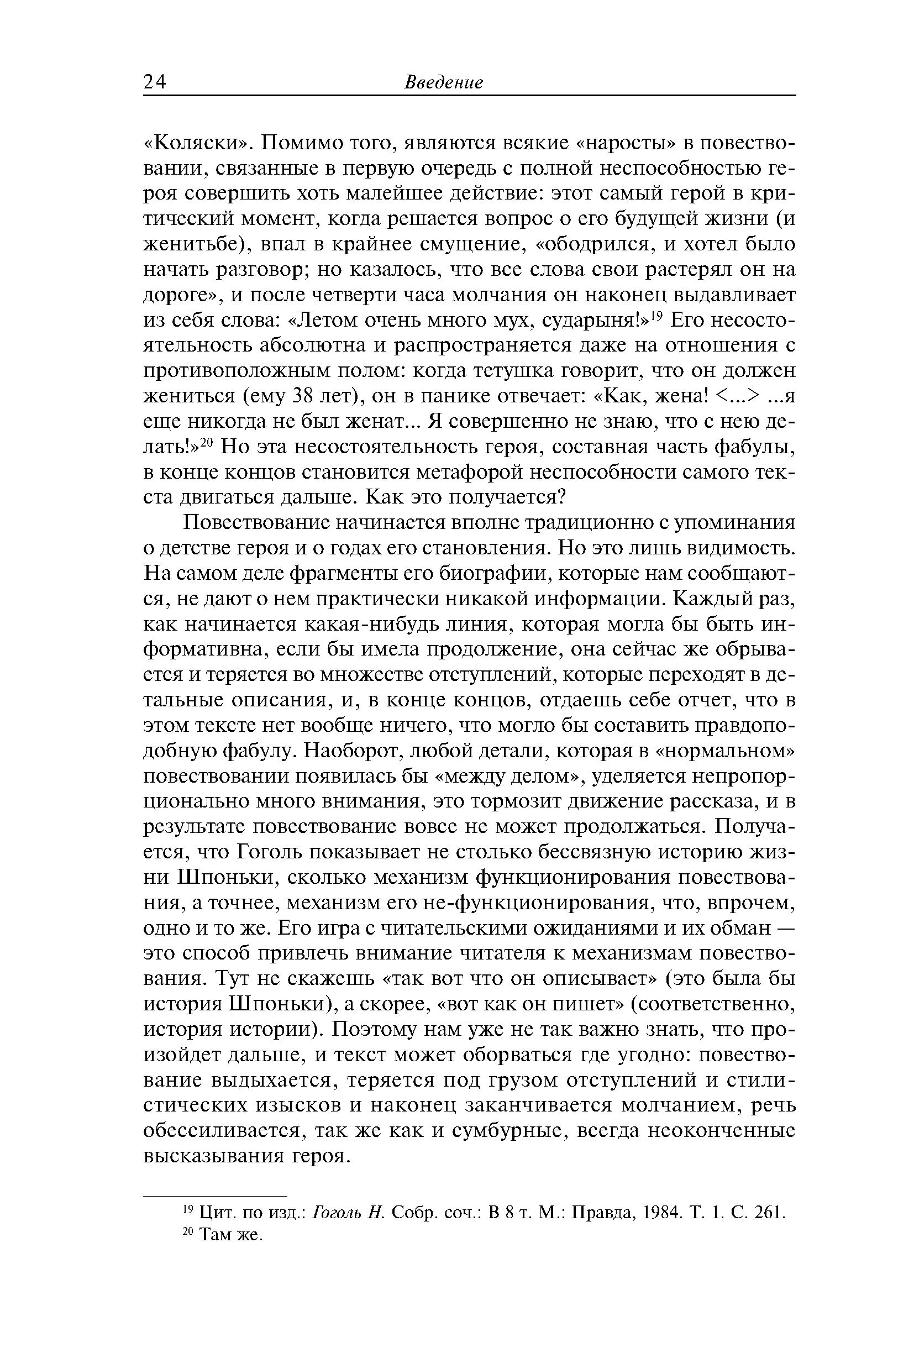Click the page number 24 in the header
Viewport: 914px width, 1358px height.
click(x=155, y=82)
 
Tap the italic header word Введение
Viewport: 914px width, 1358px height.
click(x=444, y=82)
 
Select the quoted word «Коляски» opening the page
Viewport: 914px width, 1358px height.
click(x=197, y=143)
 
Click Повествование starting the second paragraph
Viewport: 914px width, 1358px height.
click(x=257, y=522)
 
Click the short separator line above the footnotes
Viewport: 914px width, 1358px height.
click(x=215, y=1195)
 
